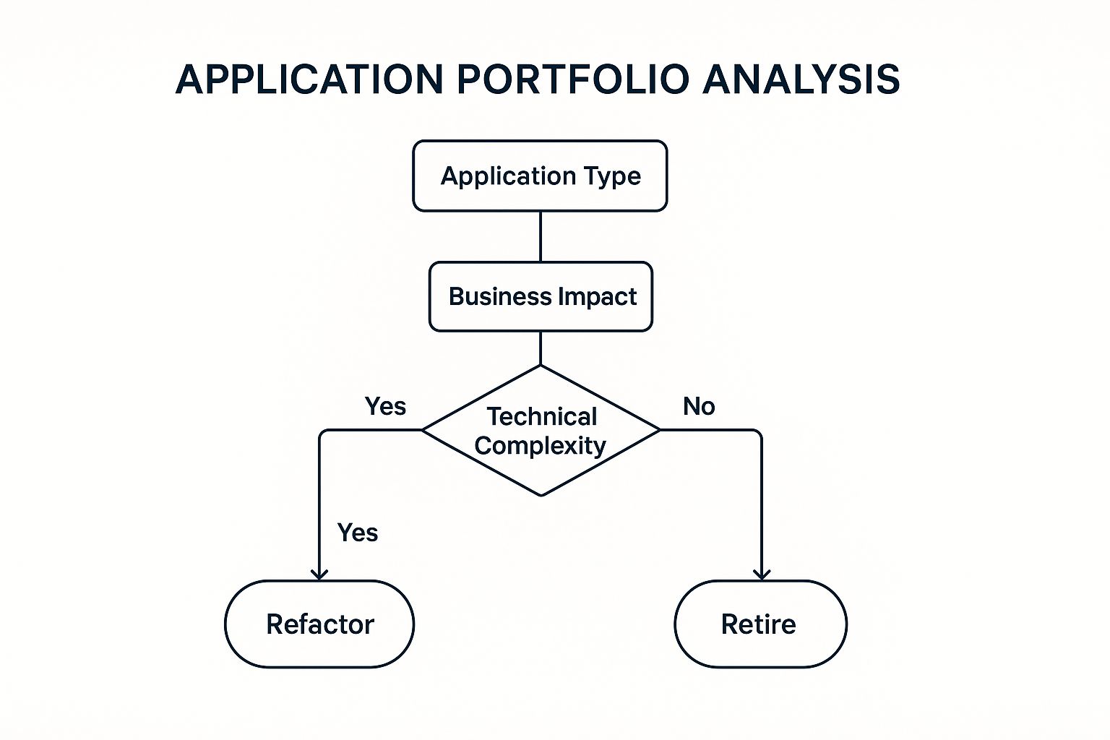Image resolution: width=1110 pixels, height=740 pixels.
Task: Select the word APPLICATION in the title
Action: tap(309, 79)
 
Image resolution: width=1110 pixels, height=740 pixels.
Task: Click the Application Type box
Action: tap(540, 176)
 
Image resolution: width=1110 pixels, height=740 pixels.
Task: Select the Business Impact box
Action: tap(541, 296)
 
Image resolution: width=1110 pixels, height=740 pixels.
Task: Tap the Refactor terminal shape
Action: tap(319, 624)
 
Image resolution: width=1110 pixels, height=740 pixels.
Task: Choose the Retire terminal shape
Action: tap(760, 624)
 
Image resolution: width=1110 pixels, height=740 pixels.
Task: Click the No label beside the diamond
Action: tap(699, 406)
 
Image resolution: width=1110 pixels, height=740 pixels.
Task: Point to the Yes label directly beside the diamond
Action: tap(385, 406)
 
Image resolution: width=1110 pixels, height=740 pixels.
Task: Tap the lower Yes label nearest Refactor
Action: tap(358, 533)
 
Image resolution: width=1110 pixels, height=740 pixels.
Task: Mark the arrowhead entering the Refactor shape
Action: tap(319, 575)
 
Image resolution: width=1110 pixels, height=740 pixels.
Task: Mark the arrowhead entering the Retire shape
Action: tap(762, 575)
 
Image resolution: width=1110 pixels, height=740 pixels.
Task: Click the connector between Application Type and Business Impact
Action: tap(541, 236)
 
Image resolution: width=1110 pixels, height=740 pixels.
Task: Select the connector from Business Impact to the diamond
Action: tap(541, 348)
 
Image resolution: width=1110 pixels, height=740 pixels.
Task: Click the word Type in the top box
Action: tap(613, 176)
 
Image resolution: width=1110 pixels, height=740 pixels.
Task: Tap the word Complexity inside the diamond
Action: tap(540, 446)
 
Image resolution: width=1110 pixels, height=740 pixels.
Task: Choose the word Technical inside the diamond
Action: tap(542, 417)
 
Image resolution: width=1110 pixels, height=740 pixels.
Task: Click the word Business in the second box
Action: tap(500, 297)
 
